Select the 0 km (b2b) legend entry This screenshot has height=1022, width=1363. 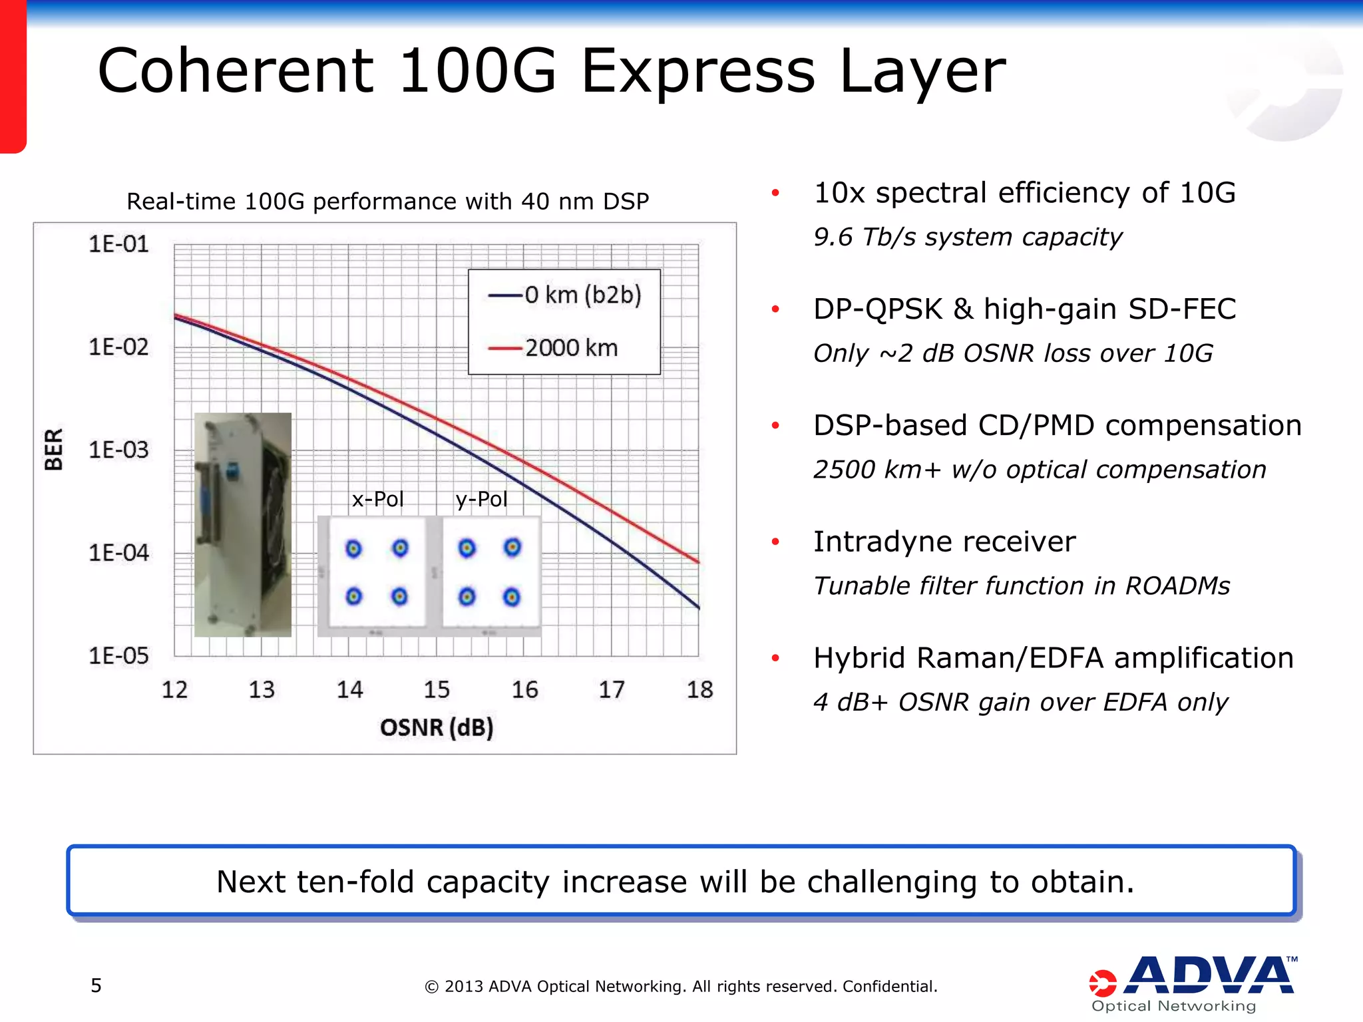point(582,295)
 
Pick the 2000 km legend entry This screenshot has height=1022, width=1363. point(570,348)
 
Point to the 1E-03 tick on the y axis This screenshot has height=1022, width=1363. point(118,450)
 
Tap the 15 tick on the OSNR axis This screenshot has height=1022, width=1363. point(437,690)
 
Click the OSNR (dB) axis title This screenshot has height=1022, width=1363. point(437,727)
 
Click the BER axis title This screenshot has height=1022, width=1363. point(53,450)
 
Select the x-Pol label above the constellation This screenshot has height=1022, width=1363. point(377,499)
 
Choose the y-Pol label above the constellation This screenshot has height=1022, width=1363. point(481,499)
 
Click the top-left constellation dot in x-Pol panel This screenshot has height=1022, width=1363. point(354,549)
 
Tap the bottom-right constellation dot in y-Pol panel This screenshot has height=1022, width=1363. point(512,597)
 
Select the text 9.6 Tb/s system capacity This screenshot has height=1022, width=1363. point(967,238)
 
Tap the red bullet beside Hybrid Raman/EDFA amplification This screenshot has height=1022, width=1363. point(775,659)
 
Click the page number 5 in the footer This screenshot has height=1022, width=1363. point(97,985)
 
